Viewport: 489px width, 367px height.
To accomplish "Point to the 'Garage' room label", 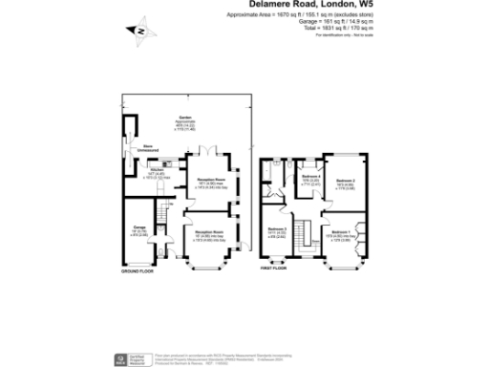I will click(x=138, y=228).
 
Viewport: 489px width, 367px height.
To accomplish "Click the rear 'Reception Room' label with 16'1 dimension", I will click(x=211, y=182).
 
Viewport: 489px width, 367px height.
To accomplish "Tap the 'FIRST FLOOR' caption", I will click(x=274, y=269).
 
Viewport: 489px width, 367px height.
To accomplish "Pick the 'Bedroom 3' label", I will click(x=277, y=230).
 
